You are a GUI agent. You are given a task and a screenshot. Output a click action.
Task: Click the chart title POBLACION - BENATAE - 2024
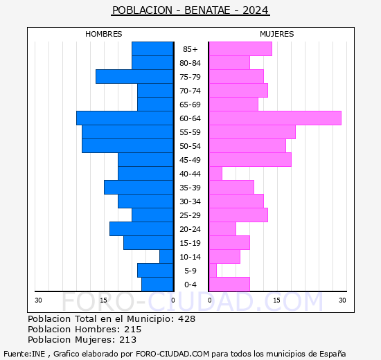[x=190, y=10]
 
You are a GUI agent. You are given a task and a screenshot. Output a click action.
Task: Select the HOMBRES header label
[x=103, y=34]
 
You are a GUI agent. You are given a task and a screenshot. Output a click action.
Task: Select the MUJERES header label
[x=276, y=34]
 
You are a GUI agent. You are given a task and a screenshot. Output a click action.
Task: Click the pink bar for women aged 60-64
[x=275, y=118]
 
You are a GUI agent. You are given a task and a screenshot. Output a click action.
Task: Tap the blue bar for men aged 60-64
[x=125, y=118]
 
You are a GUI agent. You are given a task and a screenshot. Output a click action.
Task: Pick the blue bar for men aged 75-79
[x=134, y=77]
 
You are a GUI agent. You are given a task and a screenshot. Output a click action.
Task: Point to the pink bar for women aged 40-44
[x=215, y=174]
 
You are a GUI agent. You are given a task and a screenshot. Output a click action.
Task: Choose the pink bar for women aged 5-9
[x=213, y=271]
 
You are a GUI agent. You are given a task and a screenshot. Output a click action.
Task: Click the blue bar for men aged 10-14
[x=166, y=257]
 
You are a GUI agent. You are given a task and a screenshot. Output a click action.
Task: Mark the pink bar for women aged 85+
[x=240, y=49]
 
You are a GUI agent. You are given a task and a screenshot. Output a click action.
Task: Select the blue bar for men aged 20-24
[x=141, y=229]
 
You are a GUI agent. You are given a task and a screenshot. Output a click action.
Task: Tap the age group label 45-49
[x=190, y=160]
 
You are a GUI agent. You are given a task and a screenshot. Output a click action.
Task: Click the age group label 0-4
[x=190, y=285]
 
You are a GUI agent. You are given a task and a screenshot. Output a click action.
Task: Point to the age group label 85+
[x=190, y=49]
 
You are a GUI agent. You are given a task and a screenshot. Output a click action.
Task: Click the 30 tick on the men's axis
[x=38, y=300]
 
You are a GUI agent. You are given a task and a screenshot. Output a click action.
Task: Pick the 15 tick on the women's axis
[x=276, y=300]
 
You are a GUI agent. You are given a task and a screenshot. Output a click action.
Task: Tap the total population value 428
[x=186, y=319]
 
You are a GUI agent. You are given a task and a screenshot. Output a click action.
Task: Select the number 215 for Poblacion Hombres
[x=132, y=330]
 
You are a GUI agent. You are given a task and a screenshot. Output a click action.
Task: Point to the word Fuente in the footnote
[x=16, y=354]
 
